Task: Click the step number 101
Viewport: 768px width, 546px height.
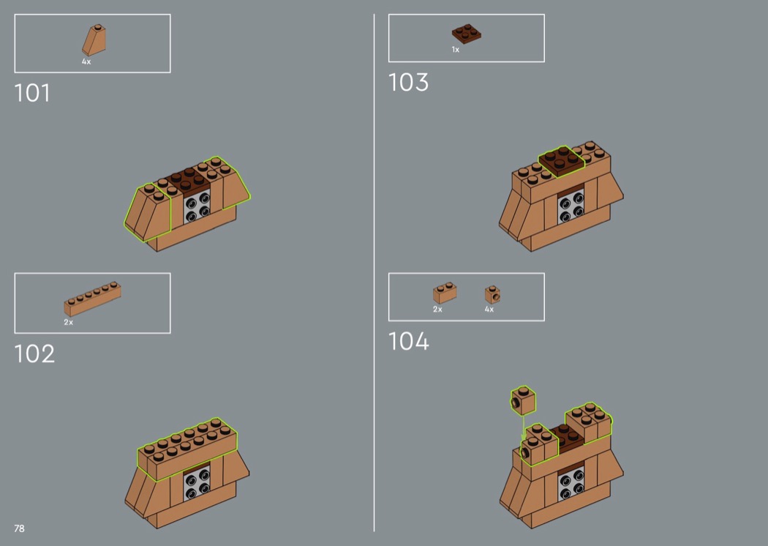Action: click(x=32, y=93)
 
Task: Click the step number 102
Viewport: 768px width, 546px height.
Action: click(x=34, y=354)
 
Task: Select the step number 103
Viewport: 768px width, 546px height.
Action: click(x=408, y=83)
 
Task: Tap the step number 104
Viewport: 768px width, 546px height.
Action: click(x=408, y=341)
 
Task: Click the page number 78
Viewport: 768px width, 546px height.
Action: click(x=19, y=528)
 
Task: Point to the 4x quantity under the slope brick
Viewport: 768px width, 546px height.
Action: click(x=86, y=61)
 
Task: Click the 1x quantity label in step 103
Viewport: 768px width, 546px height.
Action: click(x=456, y=50)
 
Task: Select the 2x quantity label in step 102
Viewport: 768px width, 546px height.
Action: click(x=68, y=322)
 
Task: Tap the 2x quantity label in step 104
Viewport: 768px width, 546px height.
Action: click(x=437, y=310)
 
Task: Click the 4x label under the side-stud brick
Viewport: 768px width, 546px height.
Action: click(x=489, y=310)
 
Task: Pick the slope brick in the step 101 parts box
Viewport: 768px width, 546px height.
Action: click(x=94, y=40)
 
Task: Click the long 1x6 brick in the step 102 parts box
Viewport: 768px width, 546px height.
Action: click(x=93, y=299)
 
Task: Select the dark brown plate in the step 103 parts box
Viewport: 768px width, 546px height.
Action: click(x=467, y=34)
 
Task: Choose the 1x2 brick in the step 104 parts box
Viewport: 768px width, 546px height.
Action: click(x=445, y=293)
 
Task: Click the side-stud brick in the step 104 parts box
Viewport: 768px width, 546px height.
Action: click(x=493, y=295)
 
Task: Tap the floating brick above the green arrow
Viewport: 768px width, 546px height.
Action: click(x=523, y=400)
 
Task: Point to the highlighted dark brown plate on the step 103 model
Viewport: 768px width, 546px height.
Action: click(x=561, y=161)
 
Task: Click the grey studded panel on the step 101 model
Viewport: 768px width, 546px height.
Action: click(x=197, y=206)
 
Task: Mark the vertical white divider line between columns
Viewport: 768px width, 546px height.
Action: click(x=374, y=272)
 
